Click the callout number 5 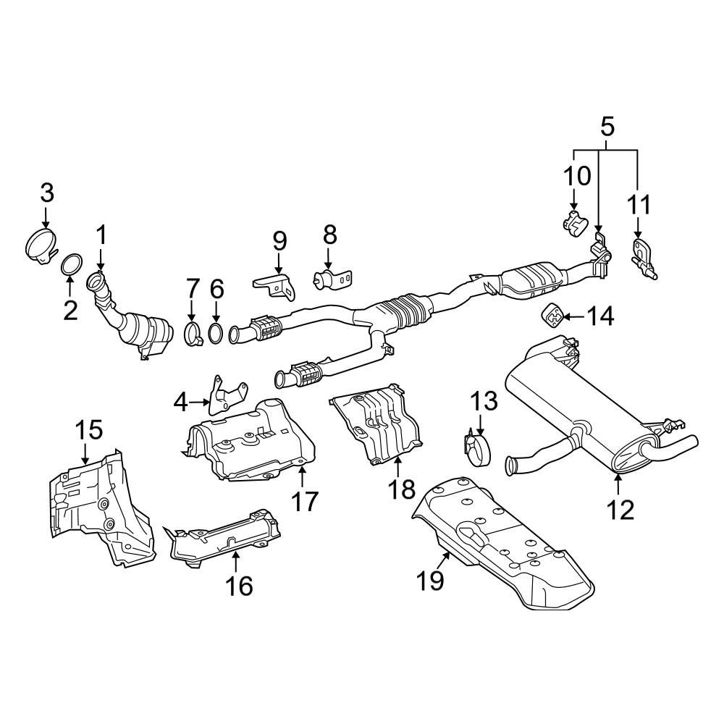tap(607, 127)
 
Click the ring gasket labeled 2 tap(70, 266)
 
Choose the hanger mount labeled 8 tap(331, 279)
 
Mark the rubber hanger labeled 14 tap(552, 315)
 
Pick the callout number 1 tap(101, 235)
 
